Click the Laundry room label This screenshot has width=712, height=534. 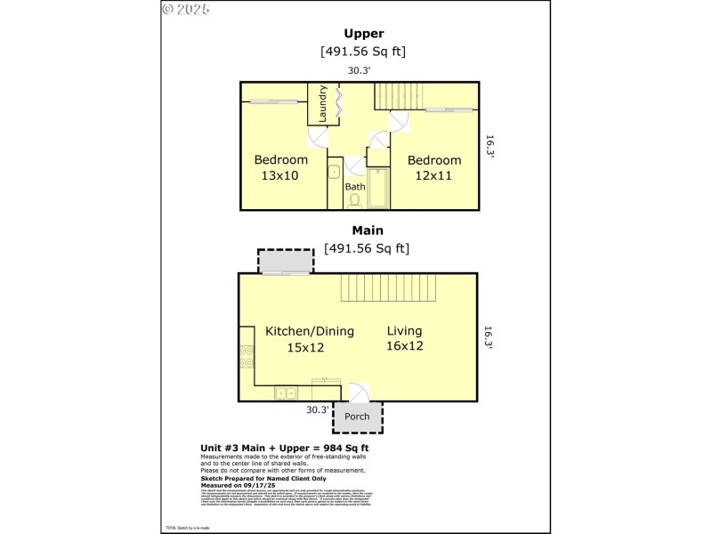tap(323, 103)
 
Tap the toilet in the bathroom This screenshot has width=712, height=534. tap(355, 201)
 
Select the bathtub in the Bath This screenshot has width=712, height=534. tap(377, 189)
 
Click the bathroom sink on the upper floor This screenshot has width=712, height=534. tap(335, 171)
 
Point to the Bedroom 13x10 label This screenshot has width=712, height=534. tap(280, 167)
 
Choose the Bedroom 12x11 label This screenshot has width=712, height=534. tap(434, 167)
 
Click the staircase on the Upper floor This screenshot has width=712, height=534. tap(400, 96)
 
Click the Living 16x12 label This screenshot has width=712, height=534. tap(404, 338)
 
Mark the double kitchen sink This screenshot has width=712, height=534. tap(286, 392)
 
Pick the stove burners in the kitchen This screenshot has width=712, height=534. tap(246, 357)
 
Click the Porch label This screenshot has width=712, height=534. tap(357, 417)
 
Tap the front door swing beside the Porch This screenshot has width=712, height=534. tap(356, 392)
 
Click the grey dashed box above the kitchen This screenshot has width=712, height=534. tap(286, 261)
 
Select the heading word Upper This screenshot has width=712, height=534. tap(364, 34)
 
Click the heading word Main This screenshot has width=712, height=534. tap(367, 230)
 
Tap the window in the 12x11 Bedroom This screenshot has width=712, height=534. tap(448, 110)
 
